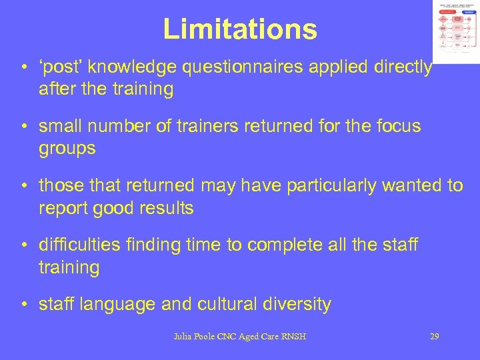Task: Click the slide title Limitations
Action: pyautogui.click(x=239, y=29)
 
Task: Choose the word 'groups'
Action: pyautogui.click(x=67, y=149)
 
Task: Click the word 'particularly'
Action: pyautogui.click(x=326, y=185)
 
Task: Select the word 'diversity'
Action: pyautogui.click(x=299, y=304)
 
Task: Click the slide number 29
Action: pyautogui.click(x=434, y=337)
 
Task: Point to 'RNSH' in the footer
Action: pyautogui.click(x=293, y=337)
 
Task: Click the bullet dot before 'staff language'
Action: pyautogui.click(x=24, y=305)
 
